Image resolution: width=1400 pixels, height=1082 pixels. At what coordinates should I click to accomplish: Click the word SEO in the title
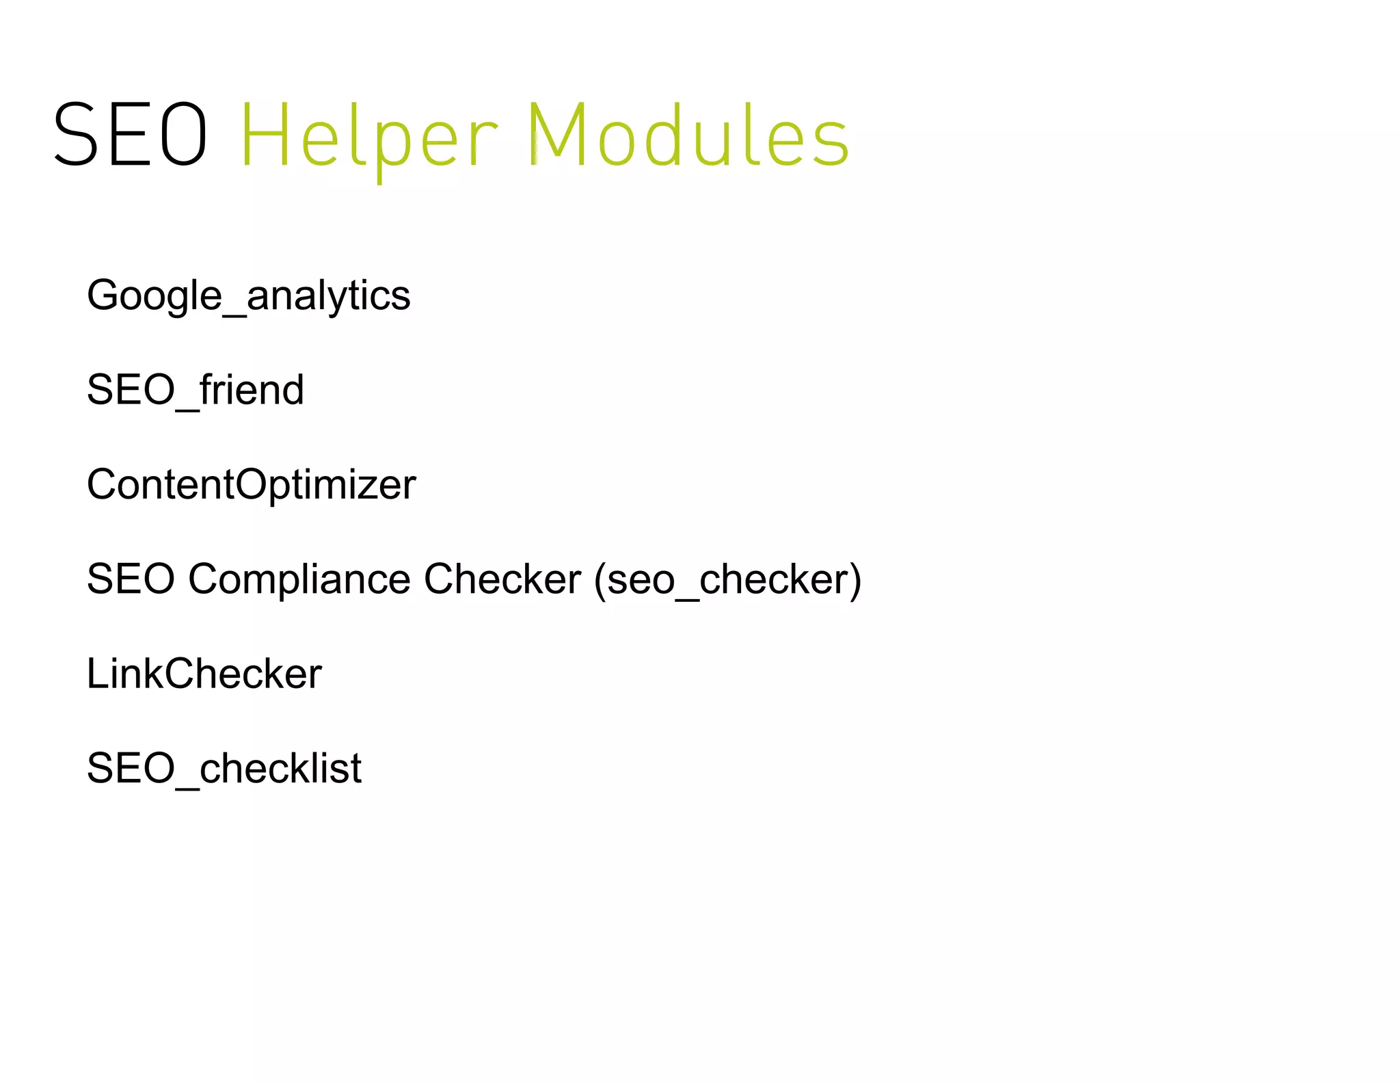tap(130, 135)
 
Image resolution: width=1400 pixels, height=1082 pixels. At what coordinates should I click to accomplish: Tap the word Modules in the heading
tap(688, 135)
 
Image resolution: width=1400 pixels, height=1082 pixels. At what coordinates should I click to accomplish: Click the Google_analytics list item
tap(248, 295)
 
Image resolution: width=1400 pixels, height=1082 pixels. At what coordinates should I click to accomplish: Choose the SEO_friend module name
tap(195, 390)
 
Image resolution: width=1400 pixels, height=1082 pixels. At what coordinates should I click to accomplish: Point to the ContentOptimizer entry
tap(251, 485)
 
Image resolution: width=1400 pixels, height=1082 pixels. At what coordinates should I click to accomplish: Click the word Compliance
tap(299, 579)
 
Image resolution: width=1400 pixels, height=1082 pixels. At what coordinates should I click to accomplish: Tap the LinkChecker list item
tap(204, 674)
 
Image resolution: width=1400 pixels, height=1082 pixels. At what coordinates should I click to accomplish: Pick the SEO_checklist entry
tap(224, 768)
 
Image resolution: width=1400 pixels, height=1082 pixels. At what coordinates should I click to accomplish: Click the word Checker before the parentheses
tap(502, 579)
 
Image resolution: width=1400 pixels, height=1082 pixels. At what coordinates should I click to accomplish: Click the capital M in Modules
tap(555, 135)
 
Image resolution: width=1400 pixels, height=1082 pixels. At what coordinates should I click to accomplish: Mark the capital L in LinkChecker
tap(96, 674)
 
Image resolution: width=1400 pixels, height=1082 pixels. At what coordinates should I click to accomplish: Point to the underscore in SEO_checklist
tap(187, 787)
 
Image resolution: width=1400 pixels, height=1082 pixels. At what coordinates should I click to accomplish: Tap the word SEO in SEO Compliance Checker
tap(131, 579)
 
